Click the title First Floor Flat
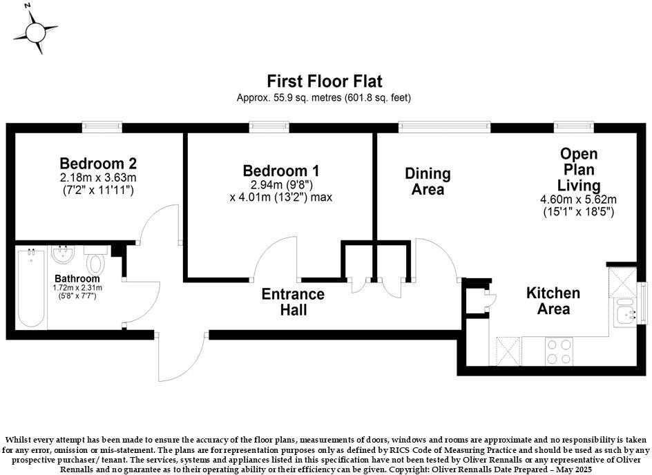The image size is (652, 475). (x=325, y=82)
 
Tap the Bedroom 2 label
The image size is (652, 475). (x=97, y=164)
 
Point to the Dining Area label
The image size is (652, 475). (x=428, y=181)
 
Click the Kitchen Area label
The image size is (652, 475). (x=553, y=301)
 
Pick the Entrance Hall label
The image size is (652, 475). (x=293, y=302)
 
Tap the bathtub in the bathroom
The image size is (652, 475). (x=32, y=288)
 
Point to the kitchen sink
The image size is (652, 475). (x=626, y=316)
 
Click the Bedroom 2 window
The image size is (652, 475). (x=102, y=126)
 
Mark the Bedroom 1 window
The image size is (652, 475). (x=269, y=126)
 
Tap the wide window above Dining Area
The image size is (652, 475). (x=444, y=126)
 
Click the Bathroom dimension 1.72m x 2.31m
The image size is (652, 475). (x=77, y=288)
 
